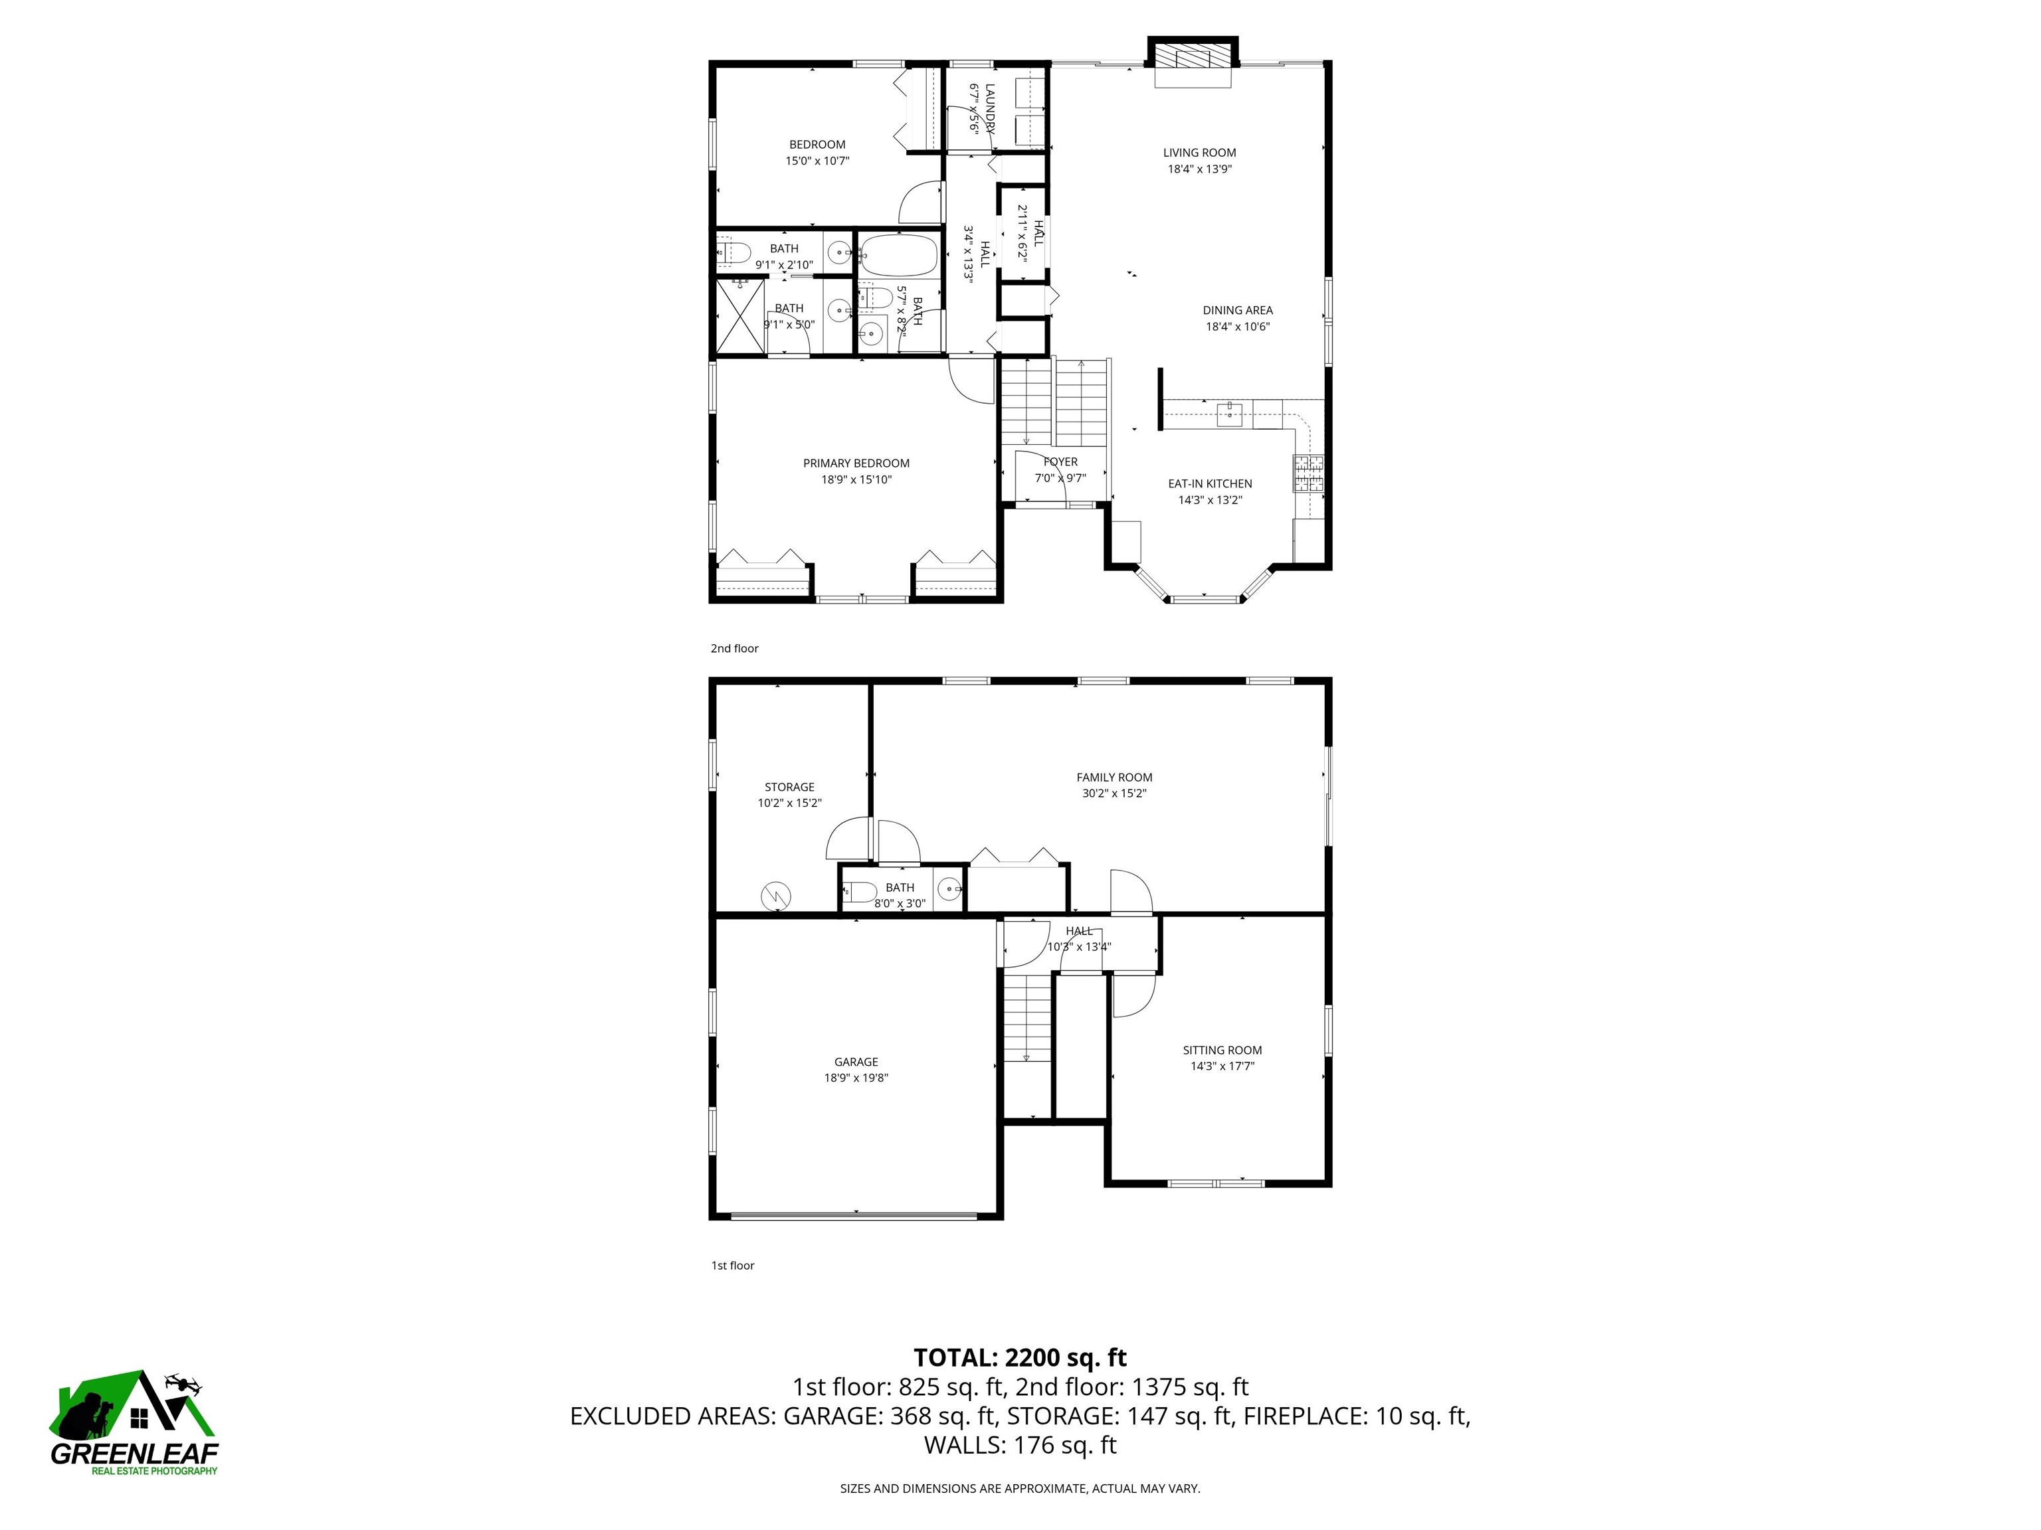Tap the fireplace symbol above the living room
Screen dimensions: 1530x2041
click(x=1192, y=58)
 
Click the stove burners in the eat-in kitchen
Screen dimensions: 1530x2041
click(x=1308, y=474)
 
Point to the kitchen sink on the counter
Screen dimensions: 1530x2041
click(x=1229, y=413)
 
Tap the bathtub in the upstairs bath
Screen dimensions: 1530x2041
click(x=897, y=256)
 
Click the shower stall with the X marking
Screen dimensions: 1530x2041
click(x=741, y=316)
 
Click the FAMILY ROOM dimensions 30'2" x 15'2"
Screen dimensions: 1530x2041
click(x=1114, y=793)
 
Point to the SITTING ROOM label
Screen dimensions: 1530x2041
click(x=1222, y=1049)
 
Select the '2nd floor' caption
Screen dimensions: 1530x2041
click(x=733, y=648)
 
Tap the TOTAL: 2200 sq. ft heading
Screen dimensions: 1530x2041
click(x=1020, y=1357)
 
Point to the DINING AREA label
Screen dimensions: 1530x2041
click(x=1237, y=310)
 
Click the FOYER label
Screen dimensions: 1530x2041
click(x=1060, y=462)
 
